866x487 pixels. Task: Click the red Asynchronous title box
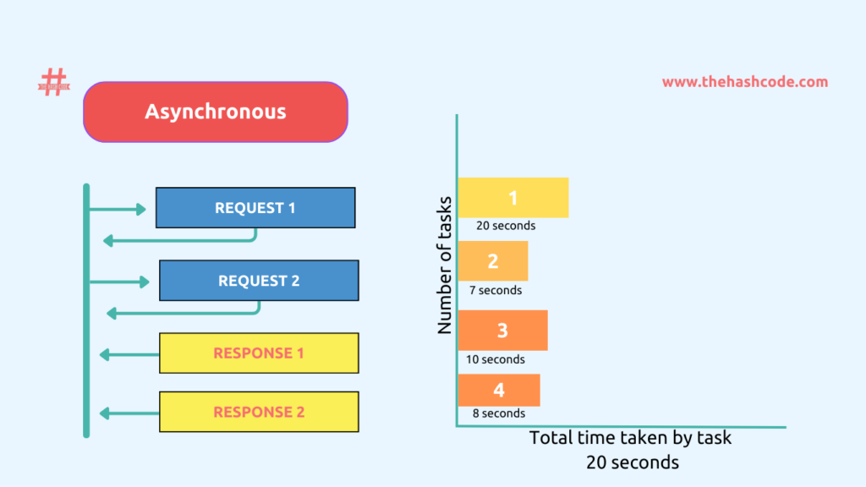pos(216,112)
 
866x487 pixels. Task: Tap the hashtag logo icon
pos(53,82)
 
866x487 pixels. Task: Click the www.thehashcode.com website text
pos(744,82)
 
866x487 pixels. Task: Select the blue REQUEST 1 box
pos(255,208)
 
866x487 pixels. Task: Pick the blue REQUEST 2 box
pos(259,281)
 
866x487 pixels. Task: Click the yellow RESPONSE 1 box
pos(259,353)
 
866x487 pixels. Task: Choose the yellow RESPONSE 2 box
pos(259,413)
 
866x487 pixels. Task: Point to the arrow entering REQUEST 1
pos(118,209)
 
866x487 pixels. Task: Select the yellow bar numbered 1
pos(512,198)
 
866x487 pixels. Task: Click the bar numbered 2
pos(493,261)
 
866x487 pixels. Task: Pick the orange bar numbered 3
pos(502,331)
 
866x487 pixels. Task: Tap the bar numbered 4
pos(499,390)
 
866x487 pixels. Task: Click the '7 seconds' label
pos(496,290)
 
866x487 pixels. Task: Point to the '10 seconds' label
pos(496,359)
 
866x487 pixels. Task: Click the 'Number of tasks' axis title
pos(446,265)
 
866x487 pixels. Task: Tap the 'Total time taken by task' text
pos(631,438)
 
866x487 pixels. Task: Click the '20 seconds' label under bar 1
pos(505,226)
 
